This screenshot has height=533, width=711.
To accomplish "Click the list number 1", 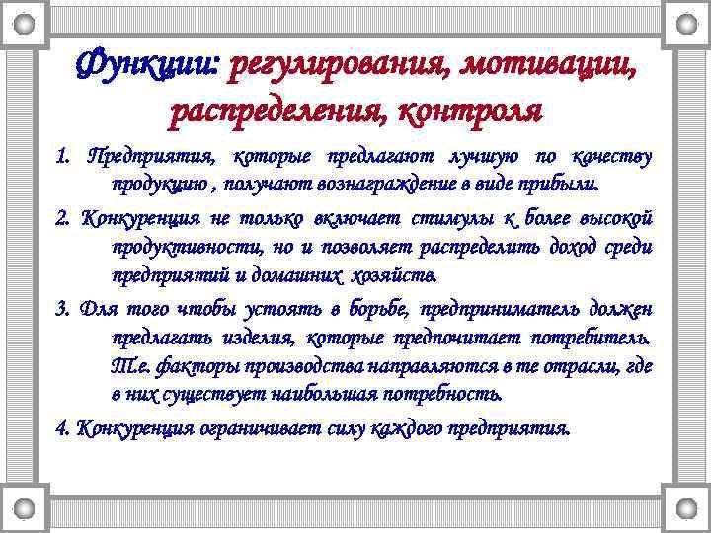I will (x=64, y=156).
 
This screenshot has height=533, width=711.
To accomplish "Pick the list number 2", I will (x=64, y=217).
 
